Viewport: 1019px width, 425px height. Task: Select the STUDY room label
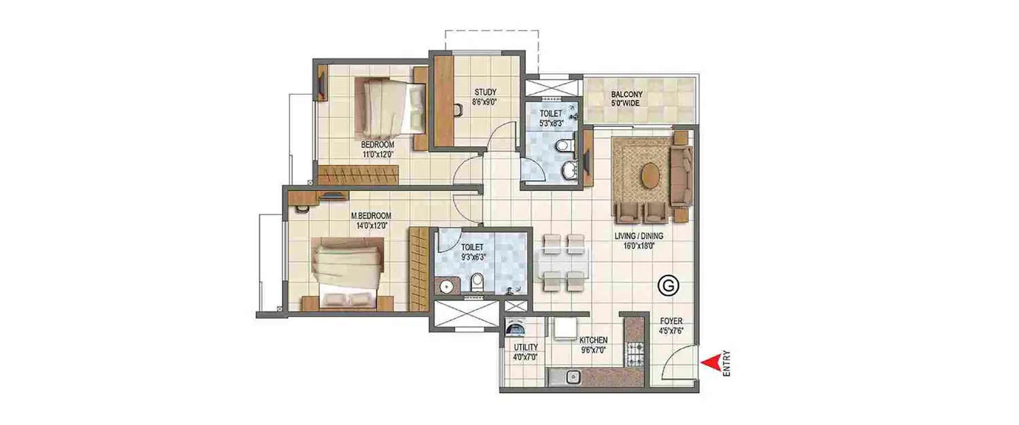[485, 92]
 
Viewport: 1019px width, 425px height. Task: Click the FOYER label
[671, 321]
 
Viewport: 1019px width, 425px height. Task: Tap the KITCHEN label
[593, 340]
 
